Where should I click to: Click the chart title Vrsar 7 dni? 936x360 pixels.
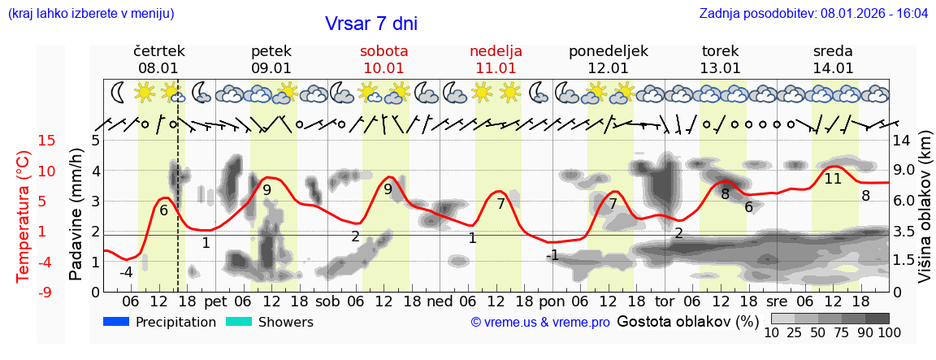point(370,24)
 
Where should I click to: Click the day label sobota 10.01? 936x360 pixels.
point(383,59)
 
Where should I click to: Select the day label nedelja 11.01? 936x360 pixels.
point(496,59)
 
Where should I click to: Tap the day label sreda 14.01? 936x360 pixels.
point(833,59)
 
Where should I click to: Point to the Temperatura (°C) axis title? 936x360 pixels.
point(24,215)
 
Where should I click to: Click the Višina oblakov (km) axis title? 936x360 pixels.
point(925,215)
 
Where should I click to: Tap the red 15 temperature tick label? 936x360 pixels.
point(24,141)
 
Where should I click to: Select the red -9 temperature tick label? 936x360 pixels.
point(24,292)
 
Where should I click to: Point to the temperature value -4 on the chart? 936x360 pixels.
point(126,272)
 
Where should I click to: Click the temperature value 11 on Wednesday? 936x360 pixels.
point(833,179)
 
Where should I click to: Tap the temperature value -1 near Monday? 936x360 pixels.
point(552,255)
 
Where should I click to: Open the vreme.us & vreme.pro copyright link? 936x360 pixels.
point(539,323)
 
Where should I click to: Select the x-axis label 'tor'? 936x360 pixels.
point(665,301)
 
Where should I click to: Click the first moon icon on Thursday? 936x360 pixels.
point(119,91)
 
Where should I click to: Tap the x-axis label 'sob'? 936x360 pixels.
point(328,301)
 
